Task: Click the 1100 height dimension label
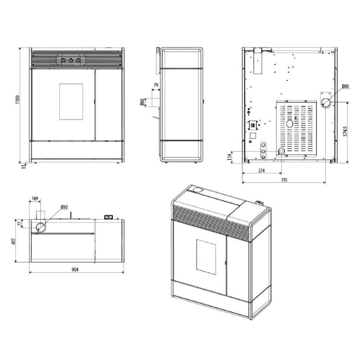coord(18,99)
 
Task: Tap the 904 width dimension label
coord(75,270)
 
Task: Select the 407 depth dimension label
coord(13,241)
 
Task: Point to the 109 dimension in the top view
coord(35,198)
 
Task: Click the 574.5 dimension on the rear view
coord(345,131)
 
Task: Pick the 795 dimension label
coord(284,180)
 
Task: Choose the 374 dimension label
coord(261,171)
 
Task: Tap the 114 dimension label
coord(229,157)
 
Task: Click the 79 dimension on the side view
coord(156,85)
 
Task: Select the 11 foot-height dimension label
coord(23,166)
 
